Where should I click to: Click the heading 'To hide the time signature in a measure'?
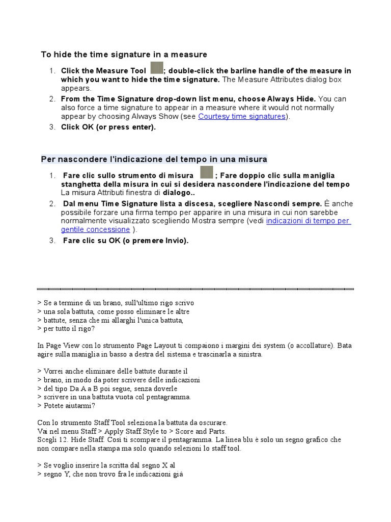click(x=124, y=55)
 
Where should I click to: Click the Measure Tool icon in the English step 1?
click(x=157, y=69)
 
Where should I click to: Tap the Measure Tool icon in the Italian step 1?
click(x=206, y=173)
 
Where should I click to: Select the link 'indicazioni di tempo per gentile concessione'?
click(x=308, y=221)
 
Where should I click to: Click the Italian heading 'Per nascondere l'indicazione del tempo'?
click(x=154, y=159)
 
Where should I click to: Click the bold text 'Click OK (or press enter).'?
click(x=108, y=127)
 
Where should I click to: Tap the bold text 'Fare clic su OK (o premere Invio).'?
click(x=126, y=241)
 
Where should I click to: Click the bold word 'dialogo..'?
click(x=179, y=193)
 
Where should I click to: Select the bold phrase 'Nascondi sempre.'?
click(x=292, y=203)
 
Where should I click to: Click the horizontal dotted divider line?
click(x=195, y=289)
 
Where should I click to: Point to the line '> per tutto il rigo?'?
click(x=66, y=329)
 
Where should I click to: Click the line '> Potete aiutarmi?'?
click(x=66, y=406)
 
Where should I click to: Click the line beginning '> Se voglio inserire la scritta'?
click(x=106, y=465)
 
